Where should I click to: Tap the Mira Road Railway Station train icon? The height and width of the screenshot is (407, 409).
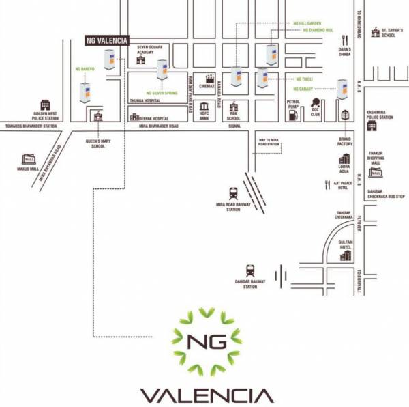click(234, 194)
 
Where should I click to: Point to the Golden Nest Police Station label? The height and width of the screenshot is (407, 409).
click(45, 116)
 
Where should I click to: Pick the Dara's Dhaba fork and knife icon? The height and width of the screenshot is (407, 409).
click(344, 40)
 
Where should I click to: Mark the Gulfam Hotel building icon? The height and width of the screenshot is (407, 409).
click(346, 256)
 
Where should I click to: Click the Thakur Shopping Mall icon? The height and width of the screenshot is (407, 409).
click(375, 173)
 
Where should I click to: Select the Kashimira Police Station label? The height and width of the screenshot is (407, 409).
click(380, 114)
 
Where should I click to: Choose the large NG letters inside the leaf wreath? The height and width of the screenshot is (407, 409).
click(207, 341)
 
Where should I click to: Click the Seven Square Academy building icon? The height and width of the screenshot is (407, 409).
click(141, 59)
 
